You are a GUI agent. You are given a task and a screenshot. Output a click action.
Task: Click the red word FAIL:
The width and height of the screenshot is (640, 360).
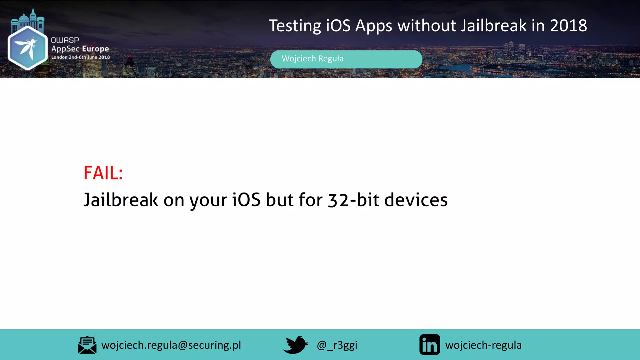[x=103, y=173]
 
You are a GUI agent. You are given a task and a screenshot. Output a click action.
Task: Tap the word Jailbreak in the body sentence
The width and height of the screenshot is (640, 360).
[x=121, y=200]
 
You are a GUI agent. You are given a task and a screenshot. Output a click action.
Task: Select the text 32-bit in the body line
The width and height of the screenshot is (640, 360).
[x=353, y=200]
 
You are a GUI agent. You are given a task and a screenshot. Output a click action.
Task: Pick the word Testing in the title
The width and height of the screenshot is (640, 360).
[x=294, y=26]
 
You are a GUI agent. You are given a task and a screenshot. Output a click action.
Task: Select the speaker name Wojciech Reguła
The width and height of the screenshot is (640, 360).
[x=312, y=59]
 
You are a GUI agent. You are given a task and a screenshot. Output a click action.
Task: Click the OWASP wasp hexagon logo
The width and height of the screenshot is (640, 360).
[x=27, y=47]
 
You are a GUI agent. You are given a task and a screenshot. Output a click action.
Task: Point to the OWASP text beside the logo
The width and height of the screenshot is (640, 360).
[x=65, y=40]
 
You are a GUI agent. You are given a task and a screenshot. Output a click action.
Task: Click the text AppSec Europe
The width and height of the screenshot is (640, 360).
[x=80, y=49]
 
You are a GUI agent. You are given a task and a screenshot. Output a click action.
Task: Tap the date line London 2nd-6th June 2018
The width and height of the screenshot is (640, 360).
[x=80, y=57]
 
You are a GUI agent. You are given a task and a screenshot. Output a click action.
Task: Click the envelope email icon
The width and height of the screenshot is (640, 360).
[x=87, y=345]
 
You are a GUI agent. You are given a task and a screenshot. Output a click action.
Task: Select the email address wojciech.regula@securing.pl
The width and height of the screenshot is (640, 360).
[x=171, y=345]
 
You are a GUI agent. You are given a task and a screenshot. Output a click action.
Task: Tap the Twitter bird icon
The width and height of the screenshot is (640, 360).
[x=295, y=345]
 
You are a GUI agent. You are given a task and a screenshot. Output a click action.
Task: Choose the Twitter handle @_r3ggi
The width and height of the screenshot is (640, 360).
[x=337, y=345]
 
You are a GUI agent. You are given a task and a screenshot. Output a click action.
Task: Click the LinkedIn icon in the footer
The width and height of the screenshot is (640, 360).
[x=429, y=345]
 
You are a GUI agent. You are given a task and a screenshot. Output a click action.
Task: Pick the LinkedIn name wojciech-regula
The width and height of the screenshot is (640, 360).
[x=483, y=345]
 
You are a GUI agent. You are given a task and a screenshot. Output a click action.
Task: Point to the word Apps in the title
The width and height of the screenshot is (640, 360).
[x=373, y=26]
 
